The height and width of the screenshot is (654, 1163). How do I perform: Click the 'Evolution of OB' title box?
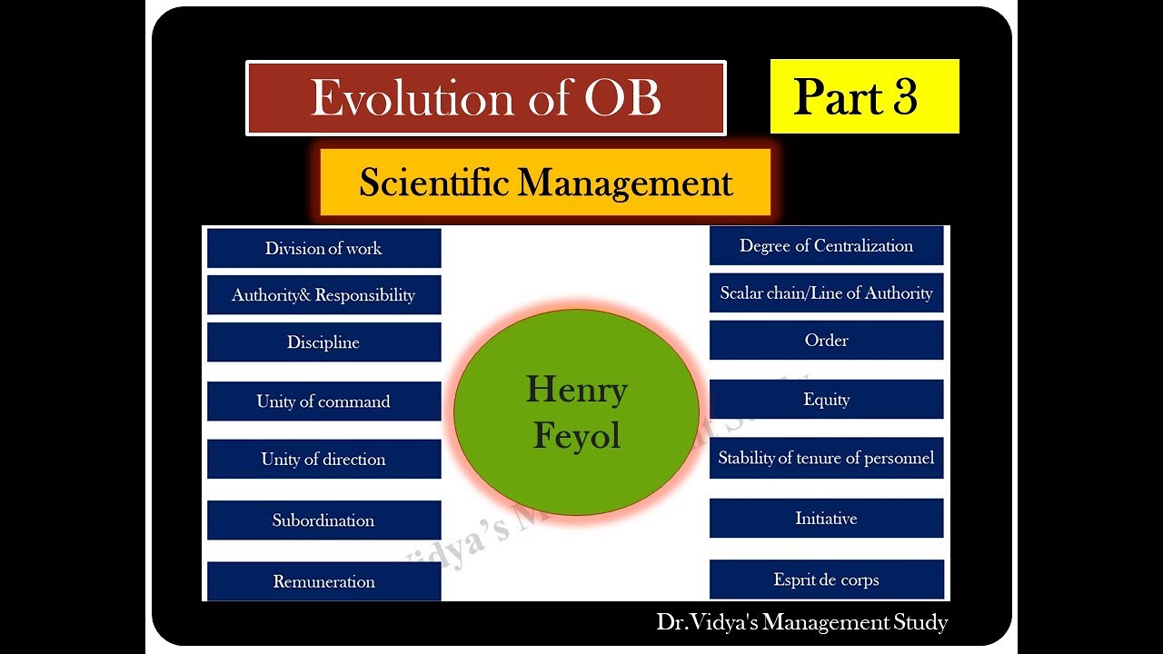tap(486, 98)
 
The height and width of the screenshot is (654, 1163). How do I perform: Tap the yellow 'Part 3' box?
tap(864, 96)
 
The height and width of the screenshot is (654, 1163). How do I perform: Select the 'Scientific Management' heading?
tap(545, 183)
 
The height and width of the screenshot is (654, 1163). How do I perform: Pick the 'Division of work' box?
tap(323, 248)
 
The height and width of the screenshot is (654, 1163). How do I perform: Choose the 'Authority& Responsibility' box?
tap(323, 295)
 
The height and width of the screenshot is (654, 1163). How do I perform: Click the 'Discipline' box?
tap(323, 342)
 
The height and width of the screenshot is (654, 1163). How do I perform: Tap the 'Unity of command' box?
tap(323, 401)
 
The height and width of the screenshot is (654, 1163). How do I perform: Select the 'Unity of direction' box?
tap(323, 459)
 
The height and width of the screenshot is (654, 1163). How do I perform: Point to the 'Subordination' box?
tap(323, 520)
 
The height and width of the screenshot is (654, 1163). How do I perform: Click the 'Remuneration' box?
tap(323, 581)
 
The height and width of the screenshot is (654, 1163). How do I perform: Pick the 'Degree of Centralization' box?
tap(826, 245)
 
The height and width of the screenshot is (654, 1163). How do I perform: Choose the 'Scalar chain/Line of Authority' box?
tap(826, 292)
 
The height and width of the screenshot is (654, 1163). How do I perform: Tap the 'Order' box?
tap(826, 341)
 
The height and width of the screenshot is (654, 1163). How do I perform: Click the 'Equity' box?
tap(826, 400)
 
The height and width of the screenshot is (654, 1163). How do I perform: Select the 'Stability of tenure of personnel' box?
tap(826, 458)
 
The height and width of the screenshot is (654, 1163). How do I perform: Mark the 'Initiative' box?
tap(826, 519)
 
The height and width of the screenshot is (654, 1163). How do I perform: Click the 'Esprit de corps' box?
tap(826, 580)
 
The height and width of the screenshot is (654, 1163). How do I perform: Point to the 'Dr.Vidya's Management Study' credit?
tap(801, 622)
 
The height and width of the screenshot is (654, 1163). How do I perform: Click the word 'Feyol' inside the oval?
tap(576, 436)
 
